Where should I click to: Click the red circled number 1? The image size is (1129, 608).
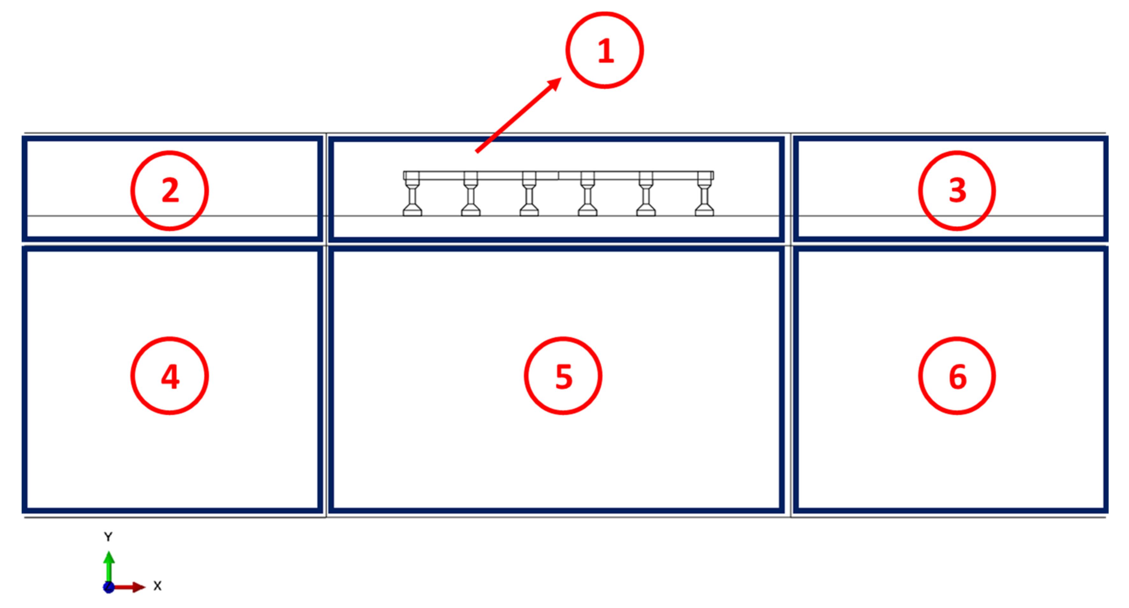[605, 50]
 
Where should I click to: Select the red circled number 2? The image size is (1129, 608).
[170, 190]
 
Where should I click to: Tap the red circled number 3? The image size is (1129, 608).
[957, 190]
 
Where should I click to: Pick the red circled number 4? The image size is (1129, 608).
[170, 376]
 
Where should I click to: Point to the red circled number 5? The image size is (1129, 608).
[563, 376]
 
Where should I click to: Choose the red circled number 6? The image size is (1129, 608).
[957, 376]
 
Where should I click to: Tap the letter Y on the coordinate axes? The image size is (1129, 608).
[108, 536]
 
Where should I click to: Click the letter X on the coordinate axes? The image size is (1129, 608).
[157, 586]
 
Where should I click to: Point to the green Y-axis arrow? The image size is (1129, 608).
[109, 567]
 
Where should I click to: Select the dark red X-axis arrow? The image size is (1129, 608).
[129, 587]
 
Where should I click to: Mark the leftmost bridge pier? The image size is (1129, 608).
[412, 194]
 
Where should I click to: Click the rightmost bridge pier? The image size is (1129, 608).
[704, 194]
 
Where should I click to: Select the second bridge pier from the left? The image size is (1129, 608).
[471, 194]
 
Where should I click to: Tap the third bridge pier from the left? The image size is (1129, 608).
[529, 194]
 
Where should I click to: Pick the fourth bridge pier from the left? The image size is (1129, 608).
[587, 194]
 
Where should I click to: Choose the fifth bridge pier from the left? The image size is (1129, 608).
[646, 194]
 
